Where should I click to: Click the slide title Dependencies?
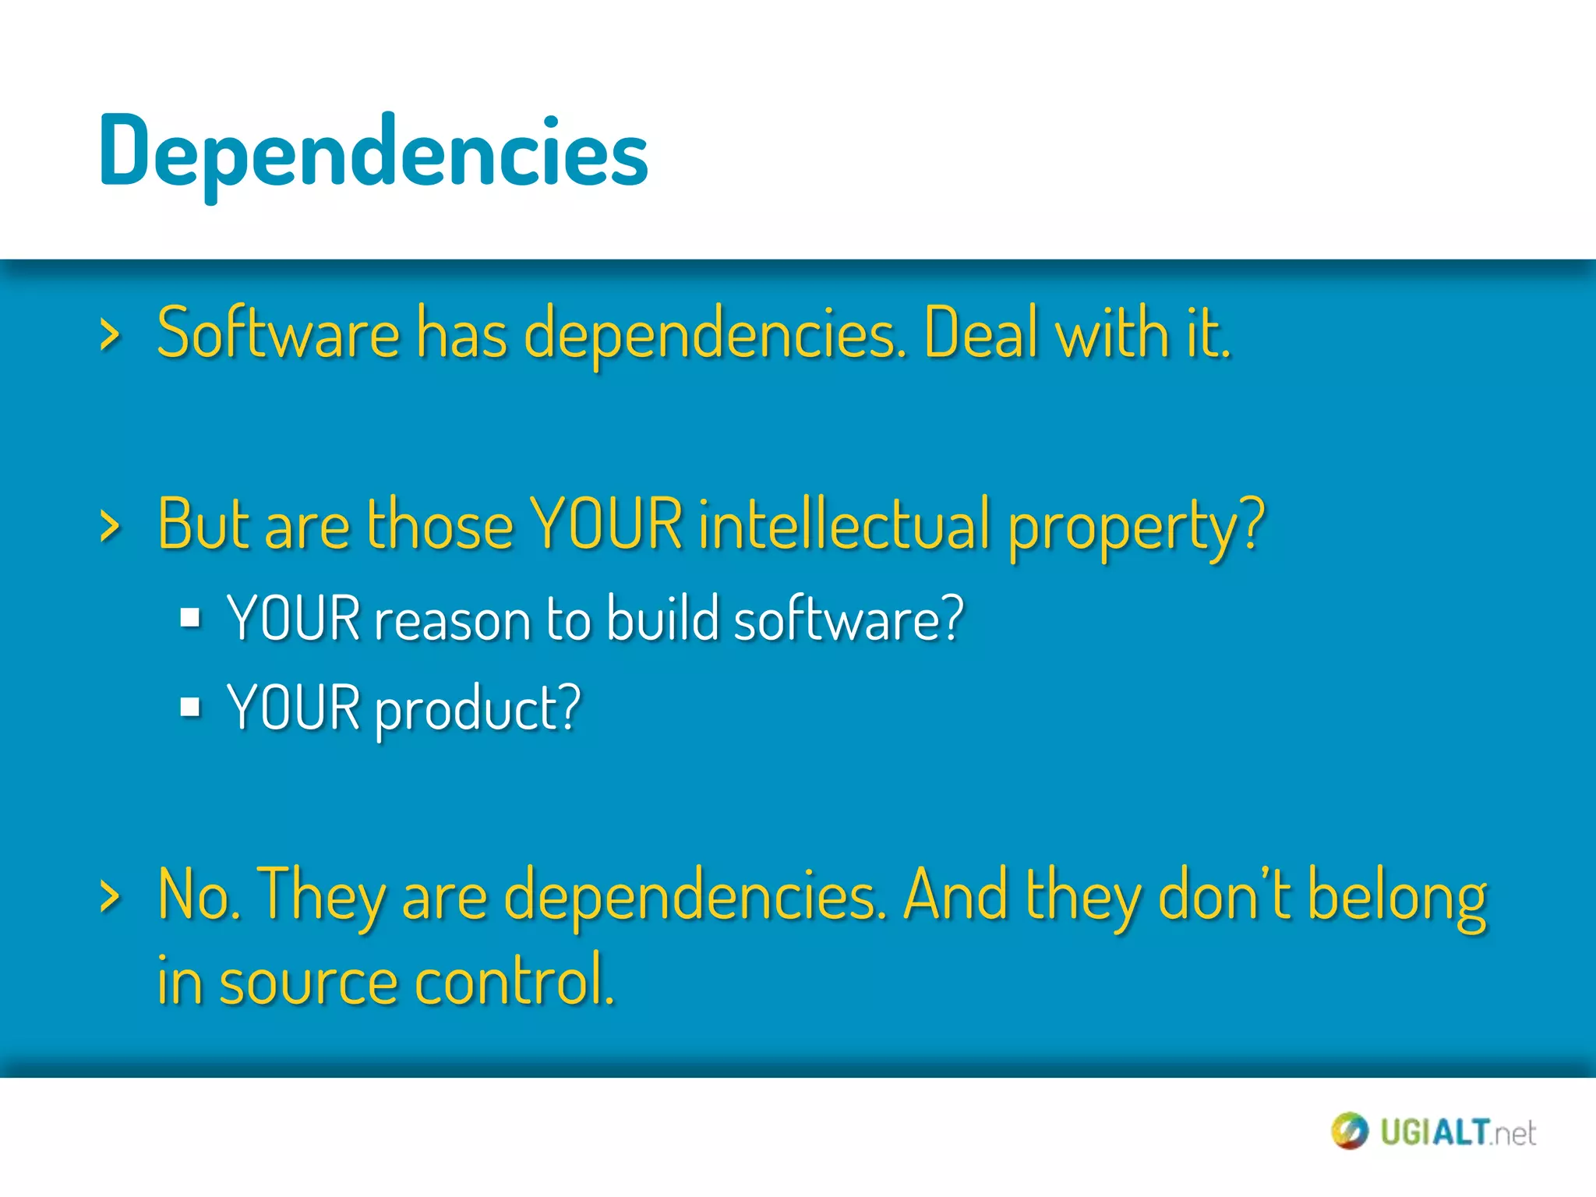coord(373,152)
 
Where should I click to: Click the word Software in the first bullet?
coord(278,334)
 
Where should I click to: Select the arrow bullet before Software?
coord(111,336)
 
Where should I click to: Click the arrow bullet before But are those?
coord(111,526)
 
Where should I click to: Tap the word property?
coord(1135,527)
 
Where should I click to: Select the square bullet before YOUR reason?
coord(190,618)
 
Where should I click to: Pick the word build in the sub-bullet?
coord(662,619)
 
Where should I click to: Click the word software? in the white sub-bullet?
coord(849,619)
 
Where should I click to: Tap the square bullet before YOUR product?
coord(190,707)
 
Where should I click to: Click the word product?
coord(478,710)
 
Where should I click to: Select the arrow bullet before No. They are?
coord(111,896)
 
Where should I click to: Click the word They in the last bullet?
coord(321,896)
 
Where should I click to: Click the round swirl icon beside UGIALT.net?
coord(1349,1131)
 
